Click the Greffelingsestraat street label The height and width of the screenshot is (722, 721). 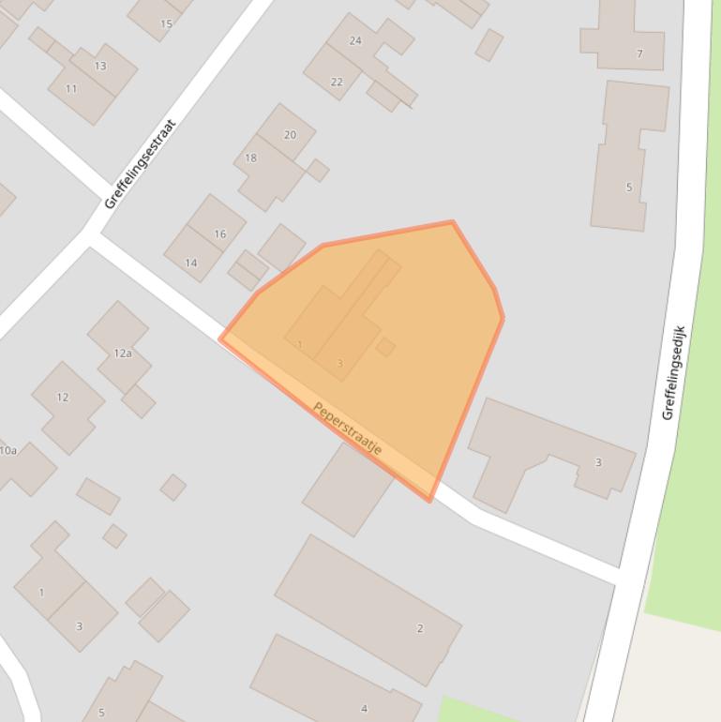[x=141, y=163]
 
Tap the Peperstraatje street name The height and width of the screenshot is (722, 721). [x=347, y=429]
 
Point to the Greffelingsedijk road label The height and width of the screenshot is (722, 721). [x=674, y=372]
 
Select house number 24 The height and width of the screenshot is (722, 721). [x=355, y=40]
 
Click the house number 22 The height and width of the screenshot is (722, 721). [x=337, y=82]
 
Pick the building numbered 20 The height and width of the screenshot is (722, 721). [x=290, y=135]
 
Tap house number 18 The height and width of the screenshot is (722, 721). [x=250, y=158]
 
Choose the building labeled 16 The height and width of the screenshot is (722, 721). [x=219, y=234]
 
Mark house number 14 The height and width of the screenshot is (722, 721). [x=191, y=263]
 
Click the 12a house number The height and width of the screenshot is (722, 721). [x=123, y=353]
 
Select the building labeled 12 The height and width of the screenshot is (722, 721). [x=62, y=398]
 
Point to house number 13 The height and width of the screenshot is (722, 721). [x=99, y=66]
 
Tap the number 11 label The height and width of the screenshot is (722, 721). [x=71, y=89]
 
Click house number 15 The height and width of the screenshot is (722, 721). [x=166, y=23]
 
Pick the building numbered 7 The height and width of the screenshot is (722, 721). [x=639, y=53]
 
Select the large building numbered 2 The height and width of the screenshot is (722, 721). [x=420, y=628]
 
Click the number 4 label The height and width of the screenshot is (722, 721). [x=365, y=708]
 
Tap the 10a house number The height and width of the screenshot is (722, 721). [x=8, y=451]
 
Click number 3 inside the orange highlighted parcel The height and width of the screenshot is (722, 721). [x=339, y=363]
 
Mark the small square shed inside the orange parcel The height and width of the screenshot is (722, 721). [x=385, y=347]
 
